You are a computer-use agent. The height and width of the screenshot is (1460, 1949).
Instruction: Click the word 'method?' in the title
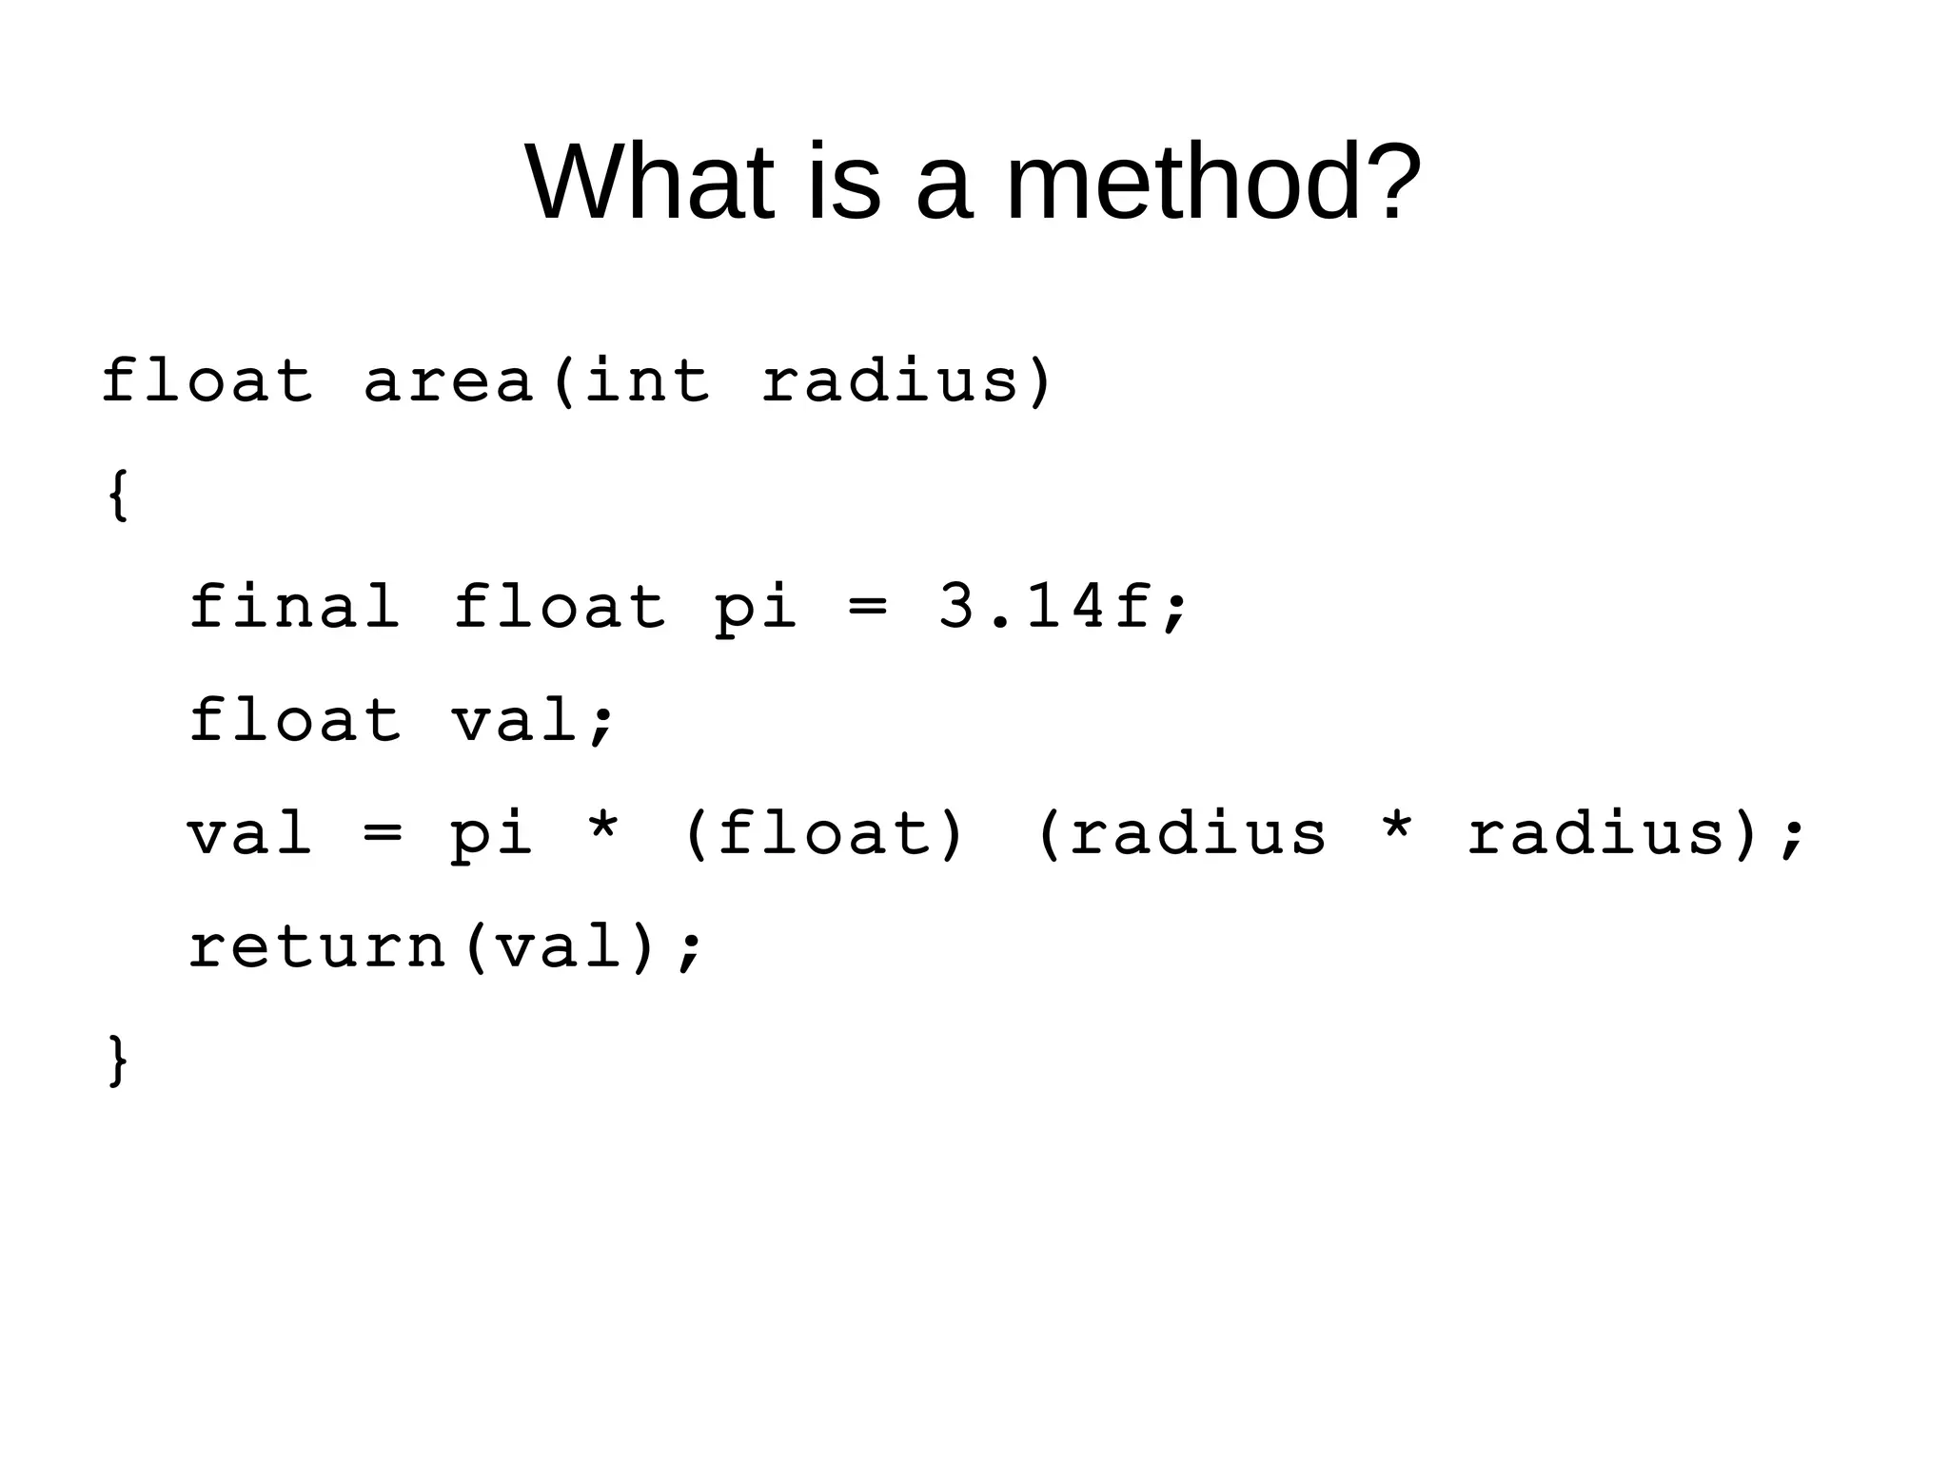[x=1213, y=183]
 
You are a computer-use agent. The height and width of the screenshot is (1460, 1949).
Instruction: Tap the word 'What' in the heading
[x=650, y=183]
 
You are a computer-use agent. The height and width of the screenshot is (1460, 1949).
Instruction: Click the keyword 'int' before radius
[x=646, y=381]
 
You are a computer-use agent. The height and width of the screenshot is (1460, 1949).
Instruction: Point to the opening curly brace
[x=118, y=496]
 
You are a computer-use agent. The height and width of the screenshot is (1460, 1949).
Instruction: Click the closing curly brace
[x=118, y=1060]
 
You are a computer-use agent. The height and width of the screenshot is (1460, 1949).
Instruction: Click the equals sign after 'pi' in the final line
[x=867, y=609]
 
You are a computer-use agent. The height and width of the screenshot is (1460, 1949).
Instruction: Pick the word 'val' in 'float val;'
[x=515, y=720]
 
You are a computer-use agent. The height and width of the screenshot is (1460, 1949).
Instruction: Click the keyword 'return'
[x=318, y=947]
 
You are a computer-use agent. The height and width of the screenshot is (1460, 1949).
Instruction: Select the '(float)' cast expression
[x=824, y=834]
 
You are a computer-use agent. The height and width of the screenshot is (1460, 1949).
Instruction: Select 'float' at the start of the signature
[x=207, y=381]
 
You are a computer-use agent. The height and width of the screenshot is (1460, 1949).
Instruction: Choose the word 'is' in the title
[x=844, y=183]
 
